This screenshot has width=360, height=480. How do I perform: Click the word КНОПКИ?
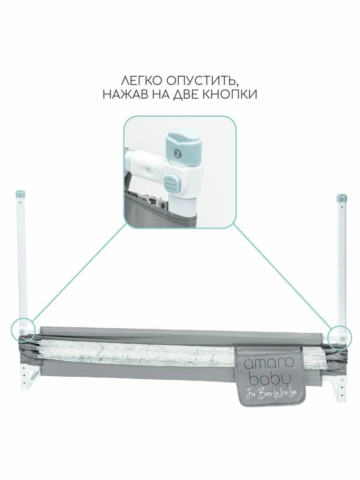point(233,94)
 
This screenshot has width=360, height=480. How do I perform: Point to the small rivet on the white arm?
point(148,170)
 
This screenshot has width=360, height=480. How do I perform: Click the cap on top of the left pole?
point(20,195)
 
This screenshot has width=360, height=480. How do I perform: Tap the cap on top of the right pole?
point(341,197)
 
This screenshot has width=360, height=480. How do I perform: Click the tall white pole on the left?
point(22,260)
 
